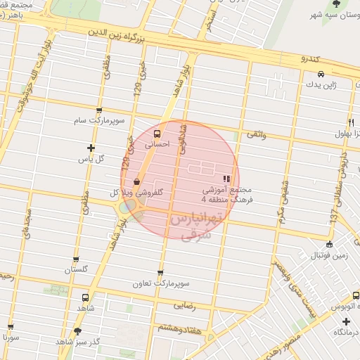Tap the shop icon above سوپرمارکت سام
(x=99, y=110)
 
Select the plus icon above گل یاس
(x=91, y=148)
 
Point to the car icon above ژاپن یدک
(x=320, y=74)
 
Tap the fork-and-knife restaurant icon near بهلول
(x=350, y=122)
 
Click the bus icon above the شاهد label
(x=86, y=297)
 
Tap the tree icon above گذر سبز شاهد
(x=77, y=330)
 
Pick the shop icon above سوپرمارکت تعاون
(x=161, y=274)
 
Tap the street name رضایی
(x=185, y=306)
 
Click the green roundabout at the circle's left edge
(x=126, y=208)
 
